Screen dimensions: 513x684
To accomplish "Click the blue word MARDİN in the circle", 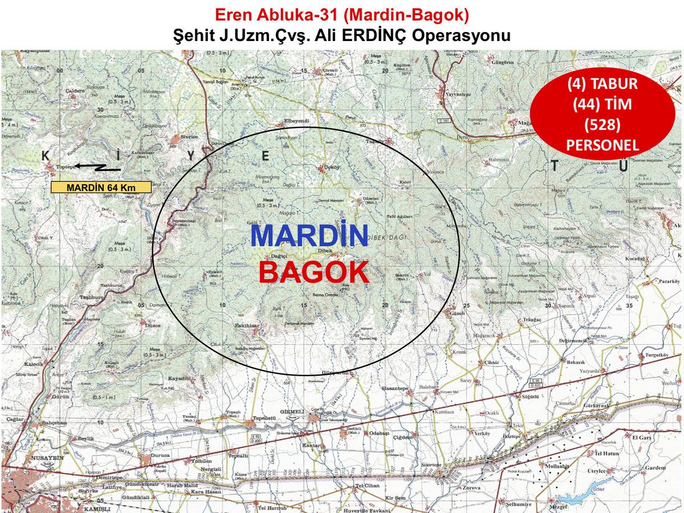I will (x=309, y=235).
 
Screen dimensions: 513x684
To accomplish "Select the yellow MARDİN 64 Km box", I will (x=101, y=187).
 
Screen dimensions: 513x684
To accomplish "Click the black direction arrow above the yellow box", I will (x=98, y=167).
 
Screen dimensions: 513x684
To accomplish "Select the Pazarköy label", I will (x=669, y=281).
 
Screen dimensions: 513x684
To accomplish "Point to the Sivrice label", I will (x=189, y=137).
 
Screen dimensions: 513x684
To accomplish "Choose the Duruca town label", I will (x=161, y=456).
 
